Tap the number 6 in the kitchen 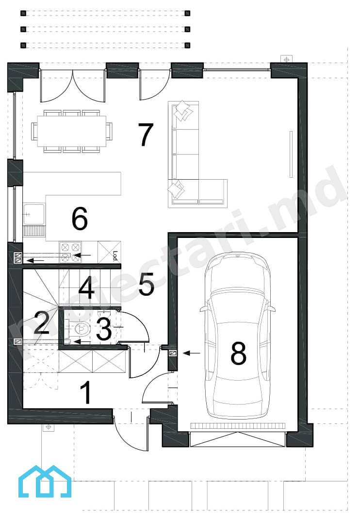80,219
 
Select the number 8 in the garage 238,353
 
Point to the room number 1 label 86,392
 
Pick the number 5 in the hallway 147,284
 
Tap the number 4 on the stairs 86,286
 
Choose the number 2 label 42,322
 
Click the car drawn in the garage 238,336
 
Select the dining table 71,131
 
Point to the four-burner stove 70,253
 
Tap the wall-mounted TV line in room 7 291,154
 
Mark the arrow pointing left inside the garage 192,353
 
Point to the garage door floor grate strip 238,425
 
